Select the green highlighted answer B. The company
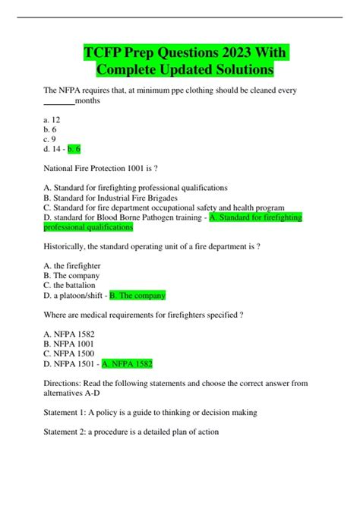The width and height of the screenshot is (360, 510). [137, 295]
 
